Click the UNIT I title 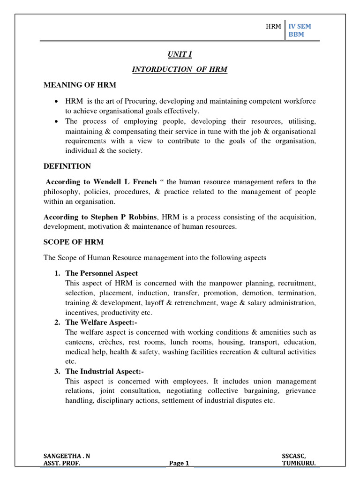[180, 54]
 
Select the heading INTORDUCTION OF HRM [180, 70]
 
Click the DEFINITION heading [67, 166]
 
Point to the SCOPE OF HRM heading [74, 242]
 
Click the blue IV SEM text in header [300, 27]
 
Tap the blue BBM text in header [296, 35]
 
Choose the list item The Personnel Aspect [102, 273]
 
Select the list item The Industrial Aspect [101, 371]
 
